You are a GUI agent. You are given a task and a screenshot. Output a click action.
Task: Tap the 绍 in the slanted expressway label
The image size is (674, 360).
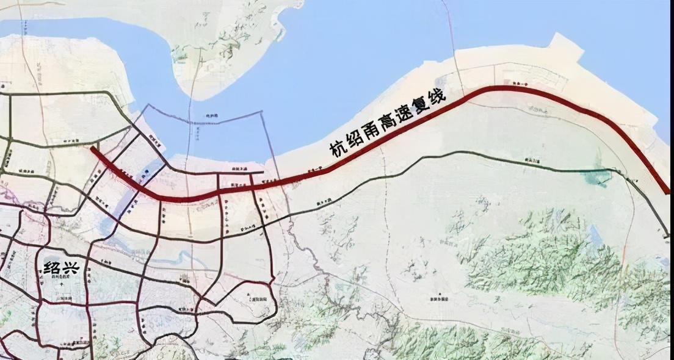[354, 139]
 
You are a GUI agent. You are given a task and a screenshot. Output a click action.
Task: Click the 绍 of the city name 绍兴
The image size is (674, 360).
[52, 267]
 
